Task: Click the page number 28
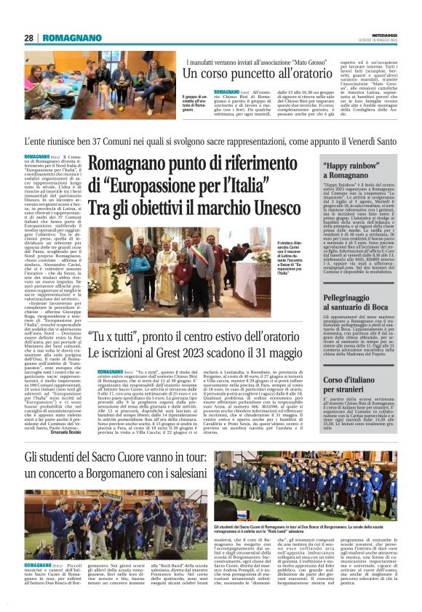[29, 37]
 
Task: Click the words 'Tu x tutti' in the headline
[114, 337]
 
